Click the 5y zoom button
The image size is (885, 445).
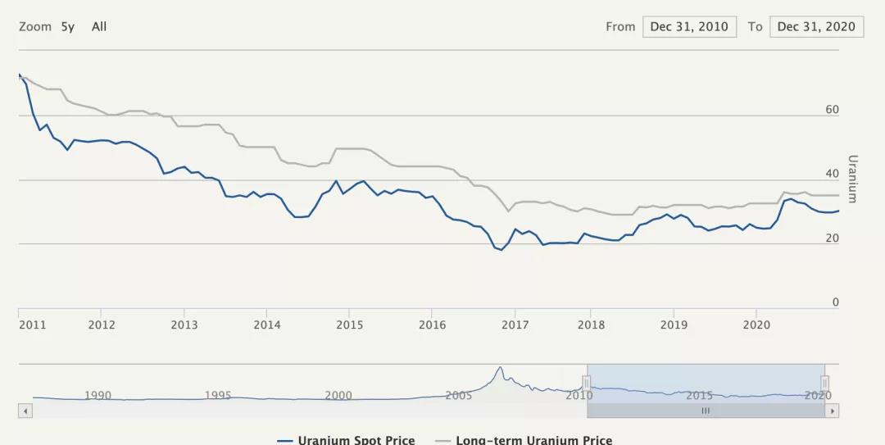[x=67, y=26]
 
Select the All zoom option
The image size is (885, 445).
[x=99, y=26]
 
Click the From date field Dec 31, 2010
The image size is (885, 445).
[x=688, y=26]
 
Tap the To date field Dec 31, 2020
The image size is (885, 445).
[x=816, y=26]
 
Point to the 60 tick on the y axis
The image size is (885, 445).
[x=833, y=109]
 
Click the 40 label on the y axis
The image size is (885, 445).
[x=833, y=174]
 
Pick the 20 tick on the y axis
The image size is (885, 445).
[x=833, y=238]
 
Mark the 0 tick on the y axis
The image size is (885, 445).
[x=836, y=302]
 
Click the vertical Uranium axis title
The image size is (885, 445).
[x=852, y=179]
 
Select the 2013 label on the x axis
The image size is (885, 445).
[x=184, y=325]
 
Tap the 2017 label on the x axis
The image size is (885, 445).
[x=515, y=325]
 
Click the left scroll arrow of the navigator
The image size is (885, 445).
[x=25, y=411]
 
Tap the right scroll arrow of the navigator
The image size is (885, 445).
[x=833, y=411]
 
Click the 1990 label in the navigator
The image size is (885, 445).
[x=98, y=395]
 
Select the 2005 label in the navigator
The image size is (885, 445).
[x=458, y=395]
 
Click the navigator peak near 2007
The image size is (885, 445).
[x=499, y=368]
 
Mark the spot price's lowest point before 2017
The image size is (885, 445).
[x=501, y=250]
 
